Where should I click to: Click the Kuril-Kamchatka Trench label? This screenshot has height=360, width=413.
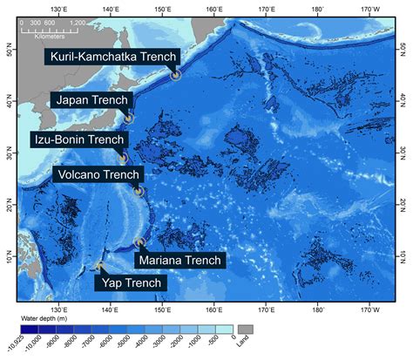pos(111,58)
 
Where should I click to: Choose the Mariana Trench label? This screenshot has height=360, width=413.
pos(181,259)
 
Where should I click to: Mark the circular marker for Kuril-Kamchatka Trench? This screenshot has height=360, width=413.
pos(175,74)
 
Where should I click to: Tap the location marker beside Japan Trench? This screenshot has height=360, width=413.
pos(129,118)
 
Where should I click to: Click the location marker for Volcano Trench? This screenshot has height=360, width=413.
pos(139,191)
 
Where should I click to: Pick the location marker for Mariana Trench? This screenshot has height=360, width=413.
pos(139,243)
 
